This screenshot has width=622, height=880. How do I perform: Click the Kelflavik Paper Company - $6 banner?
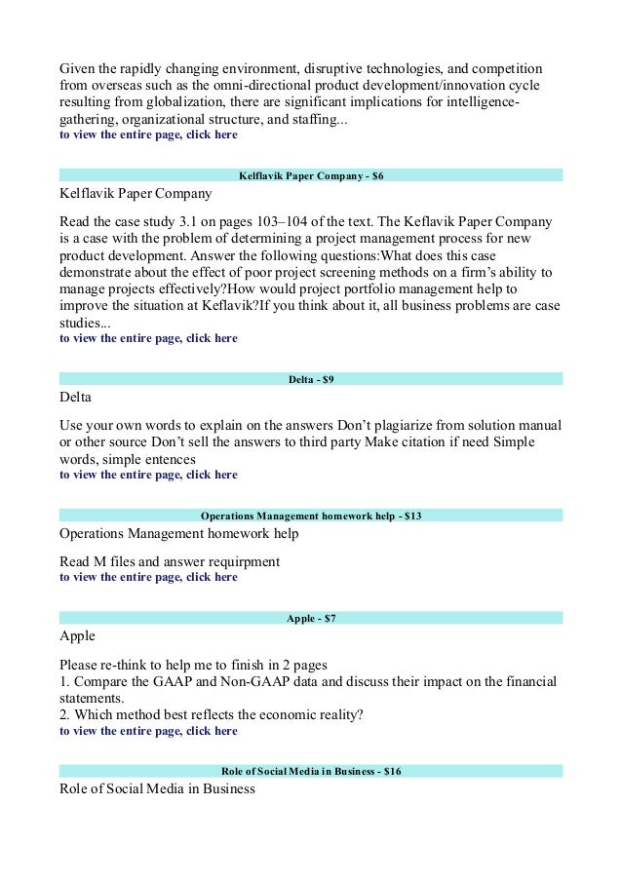(311, 175)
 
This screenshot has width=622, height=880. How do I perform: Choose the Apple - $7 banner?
(311, 618)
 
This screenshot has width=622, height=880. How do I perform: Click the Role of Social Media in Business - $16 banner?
(311, 771)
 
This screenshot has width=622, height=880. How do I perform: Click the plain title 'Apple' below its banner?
(78, 636)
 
